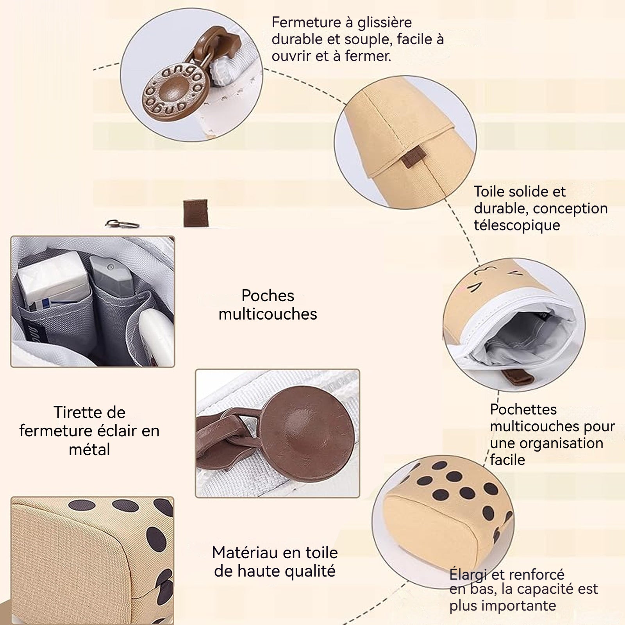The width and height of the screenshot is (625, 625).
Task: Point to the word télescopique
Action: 517,225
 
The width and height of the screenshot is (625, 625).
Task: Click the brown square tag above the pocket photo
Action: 195,212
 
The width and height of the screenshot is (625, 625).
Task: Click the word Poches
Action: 268,296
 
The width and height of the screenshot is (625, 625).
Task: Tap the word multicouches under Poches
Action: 268,314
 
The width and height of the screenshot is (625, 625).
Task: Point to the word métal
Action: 89,450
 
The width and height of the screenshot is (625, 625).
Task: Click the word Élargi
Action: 468,574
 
